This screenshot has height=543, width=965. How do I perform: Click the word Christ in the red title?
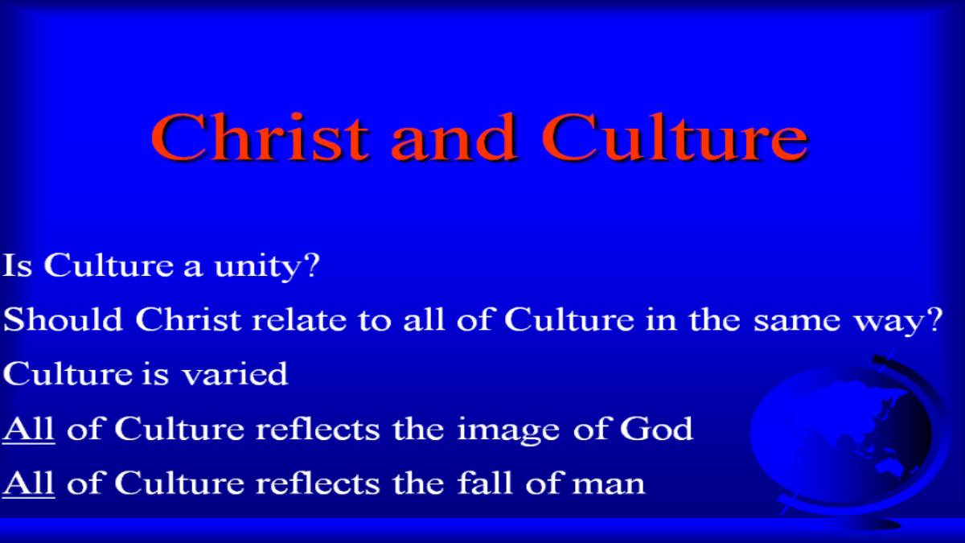click(x=260, y=137)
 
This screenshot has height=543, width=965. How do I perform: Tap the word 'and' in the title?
click(x=454, y=137)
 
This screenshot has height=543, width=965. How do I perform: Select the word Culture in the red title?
click(x=675, y=137)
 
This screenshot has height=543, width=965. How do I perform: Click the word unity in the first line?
click(x=257, y=267)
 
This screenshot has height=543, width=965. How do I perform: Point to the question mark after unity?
click(x=311, y=265)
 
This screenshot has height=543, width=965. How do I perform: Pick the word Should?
click(x=63, y=319)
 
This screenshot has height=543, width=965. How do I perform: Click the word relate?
click(x=299, y=319)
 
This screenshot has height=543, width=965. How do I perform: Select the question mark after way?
click(x=934, y=319)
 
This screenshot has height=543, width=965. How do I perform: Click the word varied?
click(x=235, y=373)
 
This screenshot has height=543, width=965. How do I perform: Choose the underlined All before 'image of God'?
click(x=28, y=430)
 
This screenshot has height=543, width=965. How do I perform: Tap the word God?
click(x=656, y=428)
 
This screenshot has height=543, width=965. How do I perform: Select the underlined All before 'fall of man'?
click(x=28, y=483)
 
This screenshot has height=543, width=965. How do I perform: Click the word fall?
click(x=486, y=483)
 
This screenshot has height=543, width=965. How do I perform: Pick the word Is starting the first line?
click(x=18, y=265)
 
